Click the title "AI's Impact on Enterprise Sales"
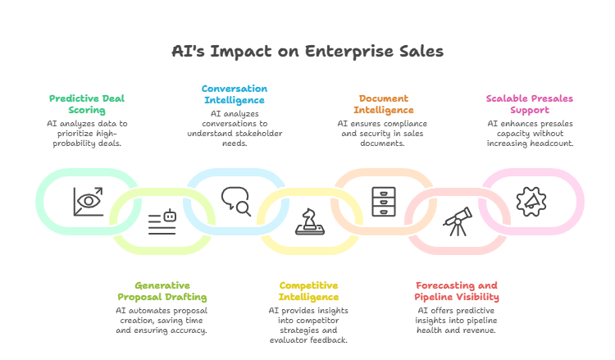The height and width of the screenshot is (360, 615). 307,51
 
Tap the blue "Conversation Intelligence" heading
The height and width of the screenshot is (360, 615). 235,93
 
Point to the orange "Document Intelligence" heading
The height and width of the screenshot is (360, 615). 384,104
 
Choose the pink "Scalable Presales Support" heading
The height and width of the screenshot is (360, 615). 529,104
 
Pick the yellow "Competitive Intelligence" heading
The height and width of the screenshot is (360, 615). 308,291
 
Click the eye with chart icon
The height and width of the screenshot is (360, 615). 88,200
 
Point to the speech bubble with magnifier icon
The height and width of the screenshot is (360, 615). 236,200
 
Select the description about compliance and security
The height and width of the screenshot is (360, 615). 384,133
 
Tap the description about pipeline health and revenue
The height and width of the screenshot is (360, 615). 458,321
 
